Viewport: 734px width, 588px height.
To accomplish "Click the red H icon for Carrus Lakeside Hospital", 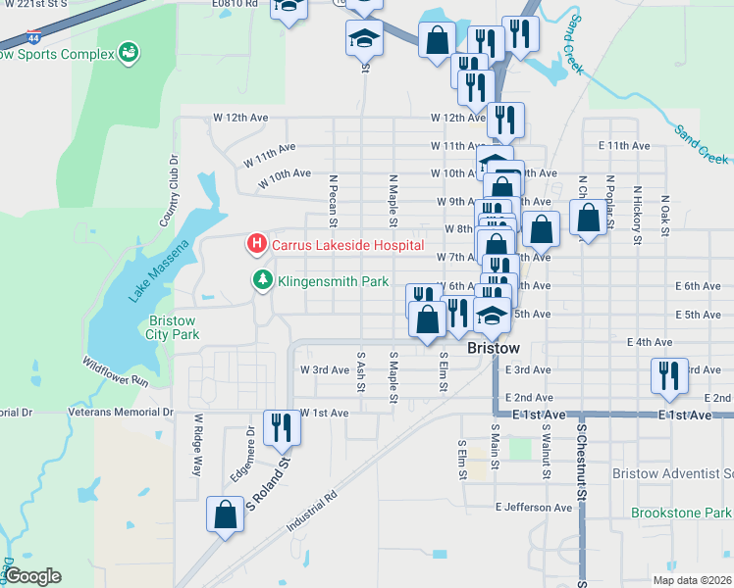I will (x=256, y=243).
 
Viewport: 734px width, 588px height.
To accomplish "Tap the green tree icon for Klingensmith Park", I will (x=263, y=280).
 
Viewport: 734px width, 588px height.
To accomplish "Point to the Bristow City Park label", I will (x=175, y=327).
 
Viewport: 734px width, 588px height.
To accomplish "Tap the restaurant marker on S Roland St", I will (x=281, y=426).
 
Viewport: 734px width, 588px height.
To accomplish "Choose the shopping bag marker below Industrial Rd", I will (x=226, y=514).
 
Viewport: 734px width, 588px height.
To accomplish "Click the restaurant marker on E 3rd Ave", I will (x=667, y=376).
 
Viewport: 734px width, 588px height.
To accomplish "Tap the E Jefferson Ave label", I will (x=534, y=508).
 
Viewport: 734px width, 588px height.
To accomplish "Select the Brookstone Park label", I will (x=681, y=513).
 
